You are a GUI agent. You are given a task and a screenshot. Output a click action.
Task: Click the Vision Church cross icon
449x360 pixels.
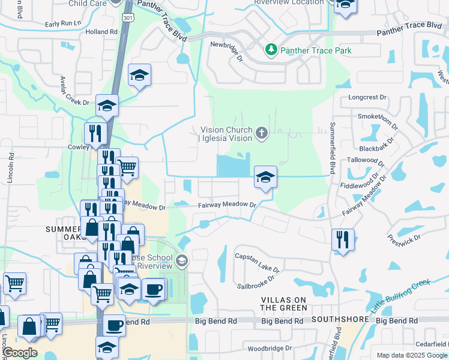tap(261, 133)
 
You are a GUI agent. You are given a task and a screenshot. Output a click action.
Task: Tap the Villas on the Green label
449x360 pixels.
tap(284, 303)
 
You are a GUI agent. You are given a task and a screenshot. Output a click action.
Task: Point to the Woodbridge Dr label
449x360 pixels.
tap(270, 347)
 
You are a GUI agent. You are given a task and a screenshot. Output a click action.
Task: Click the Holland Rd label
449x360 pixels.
tap(101, 31)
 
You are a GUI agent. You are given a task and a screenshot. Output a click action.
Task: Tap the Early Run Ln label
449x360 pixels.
tap(63, 24)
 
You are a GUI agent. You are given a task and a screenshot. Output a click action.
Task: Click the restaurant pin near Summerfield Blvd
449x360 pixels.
tap(342, 239)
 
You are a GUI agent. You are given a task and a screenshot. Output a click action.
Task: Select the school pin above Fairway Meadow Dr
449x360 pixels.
tap(265, 177)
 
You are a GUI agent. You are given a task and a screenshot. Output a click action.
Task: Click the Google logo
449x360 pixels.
tap(20, 352)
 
